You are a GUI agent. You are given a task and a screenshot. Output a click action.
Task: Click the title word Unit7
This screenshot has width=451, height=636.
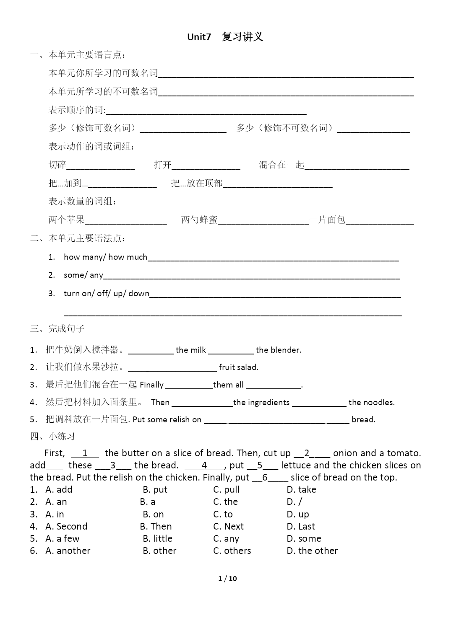199,37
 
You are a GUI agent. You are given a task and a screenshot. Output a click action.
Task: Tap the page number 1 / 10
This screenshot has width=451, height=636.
227,579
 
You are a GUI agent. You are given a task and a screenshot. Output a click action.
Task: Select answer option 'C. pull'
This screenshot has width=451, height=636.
226,489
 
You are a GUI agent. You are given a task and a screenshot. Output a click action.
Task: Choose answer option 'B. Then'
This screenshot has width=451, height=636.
156,526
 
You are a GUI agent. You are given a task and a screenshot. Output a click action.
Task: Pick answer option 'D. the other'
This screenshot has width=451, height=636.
312,551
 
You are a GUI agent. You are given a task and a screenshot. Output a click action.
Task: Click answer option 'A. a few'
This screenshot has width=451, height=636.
62,538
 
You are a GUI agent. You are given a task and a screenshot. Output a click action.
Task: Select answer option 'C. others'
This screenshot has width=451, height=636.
232,551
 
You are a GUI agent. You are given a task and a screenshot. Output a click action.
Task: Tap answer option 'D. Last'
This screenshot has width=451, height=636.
301,526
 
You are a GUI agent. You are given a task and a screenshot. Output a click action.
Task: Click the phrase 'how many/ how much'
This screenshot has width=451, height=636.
105,257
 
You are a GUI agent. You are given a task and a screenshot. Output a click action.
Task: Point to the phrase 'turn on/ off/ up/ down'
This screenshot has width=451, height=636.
107,293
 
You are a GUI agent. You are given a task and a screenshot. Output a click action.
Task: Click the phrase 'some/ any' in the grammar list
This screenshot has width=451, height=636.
83,275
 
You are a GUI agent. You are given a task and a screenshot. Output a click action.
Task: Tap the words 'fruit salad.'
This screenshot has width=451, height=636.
238,367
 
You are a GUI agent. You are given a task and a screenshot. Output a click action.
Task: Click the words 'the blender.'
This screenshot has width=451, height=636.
279,350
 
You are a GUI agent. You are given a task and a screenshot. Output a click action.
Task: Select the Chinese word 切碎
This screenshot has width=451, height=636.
57,165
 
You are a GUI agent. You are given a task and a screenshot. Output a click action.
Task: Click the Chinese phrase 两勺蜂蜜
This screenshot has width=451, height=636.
199,220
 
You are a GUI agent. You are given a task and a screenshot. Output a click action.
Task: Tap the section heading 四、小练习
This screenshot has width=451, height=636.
52,436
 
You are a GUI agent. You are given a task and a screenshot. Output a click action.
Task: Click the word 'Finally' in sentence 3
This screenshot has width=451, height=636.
151,385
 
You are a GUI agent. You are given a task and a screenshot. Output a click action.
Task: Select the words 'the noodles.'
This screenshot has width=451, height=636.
371,402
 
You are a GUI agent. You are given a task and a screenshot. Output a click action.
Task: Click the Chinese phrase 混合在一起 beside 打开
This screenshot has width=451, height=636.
282,165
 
